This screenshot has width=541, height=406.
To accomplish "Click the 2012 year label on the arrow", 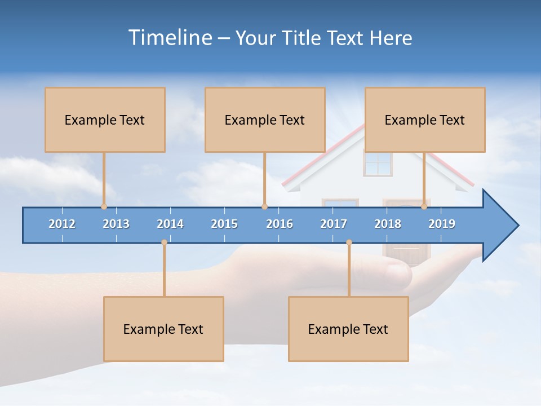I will [62, 224].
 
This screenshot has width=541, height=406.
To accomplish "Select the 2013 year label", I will [116, 224].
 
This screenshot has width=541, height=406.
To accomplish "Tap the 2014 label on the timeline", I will [170, 224].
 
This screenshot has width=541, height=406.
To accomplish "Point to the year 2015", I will [224, 224].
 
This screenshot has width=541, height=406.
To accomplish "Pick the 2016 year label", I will [280, 224].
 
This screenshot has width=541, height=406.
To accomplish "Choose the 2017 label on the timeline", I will [334, 224].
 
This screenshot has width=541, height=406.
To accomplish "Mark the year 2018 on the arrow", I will [388, 224].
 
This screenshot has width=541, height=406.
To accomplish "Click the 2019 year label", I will [442, 224].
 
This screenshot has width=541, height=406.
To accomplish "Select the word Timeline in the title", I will [170, 38].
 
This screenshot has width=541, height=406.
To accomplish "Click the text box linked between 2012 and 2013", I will [105, 120].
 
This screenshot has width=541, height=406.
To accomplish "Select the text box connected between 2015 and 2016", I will [265, 120].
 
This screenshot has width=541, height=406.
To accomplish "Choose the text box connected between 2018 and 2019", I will [425, 120].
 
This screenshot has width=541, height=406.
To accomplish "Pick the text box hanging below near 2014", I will [163, 329].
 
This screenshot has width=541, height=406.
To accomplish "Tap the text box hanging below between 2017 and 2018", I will [348, 329].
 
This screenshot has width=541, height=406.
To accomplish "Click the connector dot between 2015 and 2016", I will [265, 207].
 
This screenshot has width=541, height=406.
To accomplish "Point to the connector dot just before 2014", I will [164, 242].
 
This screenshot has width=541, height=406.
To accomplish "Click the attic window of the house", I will [378, 164].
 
